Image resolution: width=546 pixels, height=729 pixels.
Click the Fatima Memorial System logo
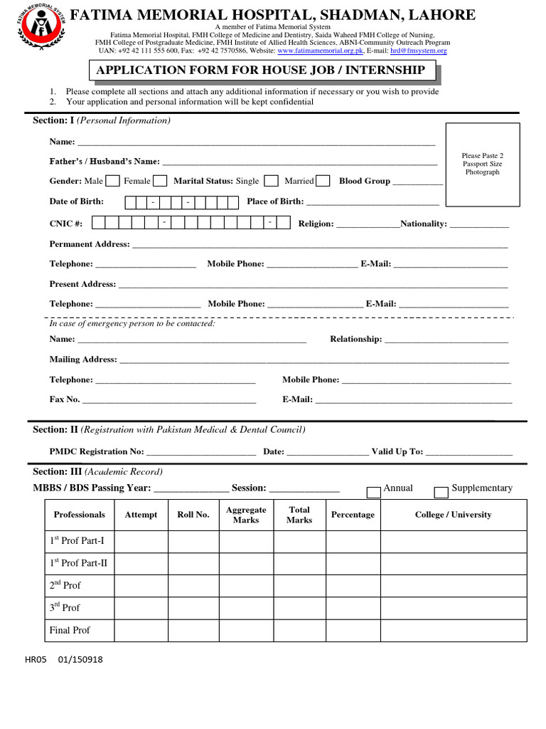41,31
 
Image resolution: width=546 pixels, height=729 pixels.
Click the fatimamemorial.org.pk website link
320,51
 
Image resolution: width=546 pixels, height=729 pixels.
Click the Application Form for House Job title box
261,70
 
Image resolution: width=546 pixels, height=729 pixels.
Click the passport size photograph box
482,164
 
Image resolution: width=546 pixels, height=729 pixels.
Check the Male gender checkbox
112,181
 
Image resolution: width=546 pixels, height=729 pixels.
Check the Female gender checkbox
161,181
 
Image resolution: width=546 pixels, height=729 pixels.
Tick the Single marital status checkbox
271,181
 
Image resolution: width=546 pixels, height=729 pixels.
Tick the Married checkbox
323,181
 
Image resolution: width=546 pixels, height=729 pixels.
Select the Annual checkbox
373,491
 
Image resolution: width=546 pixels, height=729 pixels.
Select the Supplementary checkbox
441,491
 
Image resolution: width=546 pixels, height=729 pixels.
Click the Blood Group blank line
417,183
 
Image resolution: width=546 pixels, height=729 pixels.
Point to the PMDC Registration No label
97,451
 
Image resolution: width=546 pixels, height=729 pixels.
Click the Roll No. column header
193,515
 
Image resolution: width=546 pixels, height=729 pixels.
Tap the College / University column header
453,515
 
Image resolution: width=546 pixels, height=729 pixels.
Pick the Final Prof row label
70,630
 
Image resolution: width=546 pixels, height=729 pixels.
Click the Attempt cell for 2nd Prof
141,585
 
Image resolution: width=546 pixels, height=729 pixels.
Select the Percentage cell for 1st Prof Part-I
353,541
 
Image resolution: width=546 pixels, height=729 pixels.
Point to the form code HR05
36,659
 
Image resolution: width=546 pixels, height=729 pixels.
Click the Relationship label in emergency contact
355,339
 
